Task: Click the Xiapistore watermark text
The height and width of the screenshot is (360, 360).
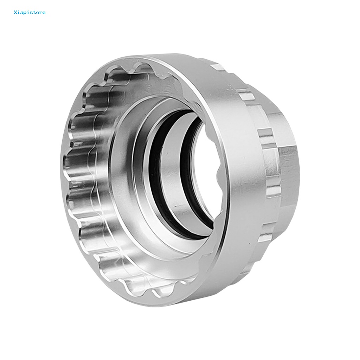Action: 30,13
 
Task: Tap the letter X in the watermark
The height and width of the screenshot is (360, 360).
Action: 15,13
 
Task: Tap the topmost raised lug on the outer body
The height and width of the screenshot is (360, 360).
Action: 217,67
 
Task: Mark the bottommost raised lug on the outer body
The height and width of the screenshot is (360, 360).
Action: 265,239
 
